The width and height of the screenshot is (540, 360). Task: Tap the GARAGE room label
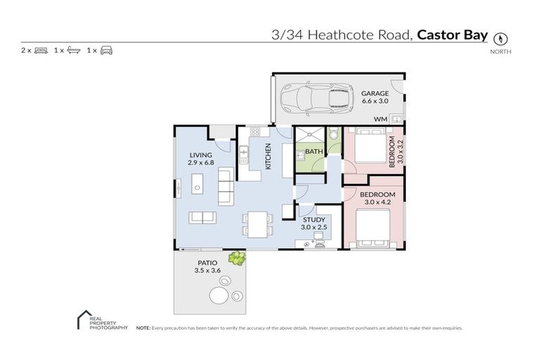tap(375, 94)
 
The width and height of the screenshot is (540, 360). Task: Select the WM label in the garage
tap(380, 120)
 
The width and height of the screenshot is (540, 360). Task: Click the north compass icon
tap(501, 39)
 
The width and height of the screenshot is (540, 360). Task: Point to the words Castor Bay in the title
tap(452, 34)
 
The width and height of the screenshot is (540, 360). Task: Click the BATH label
tap(314, 151)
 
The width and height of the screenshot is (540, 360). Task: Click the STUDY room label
tap(313, 219)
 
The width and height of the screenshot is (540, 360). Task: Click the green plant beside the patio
tap(238, 258)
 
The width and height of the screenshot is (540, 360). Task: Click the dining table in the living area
tap(257, 224)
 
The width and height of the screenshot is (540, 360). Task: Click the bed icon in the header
tap(40, 51)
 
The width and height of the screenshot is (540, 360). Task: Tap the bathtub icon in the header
tap(74, 51)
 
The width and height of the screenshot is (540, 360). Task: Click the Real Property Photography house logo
tap(82, 320)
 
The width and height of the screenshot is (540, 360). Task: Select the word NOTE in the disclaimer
tap(143, 328)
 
